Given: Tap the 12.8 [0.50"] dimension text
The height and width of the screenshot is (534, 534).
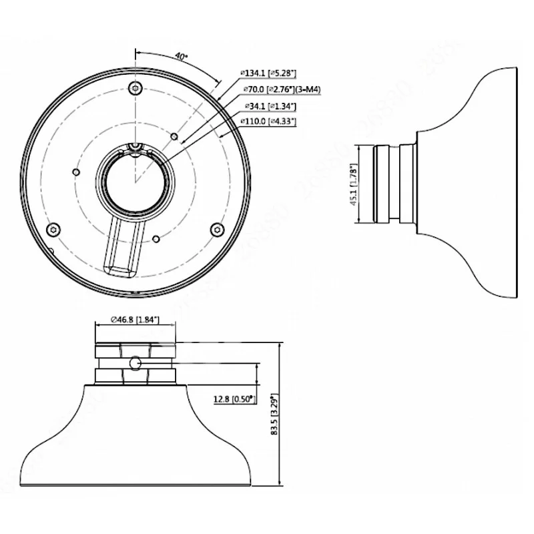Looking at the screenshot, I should coord(233,399).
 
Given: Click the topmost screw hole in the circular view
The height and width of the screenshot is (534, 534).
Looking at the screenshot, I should coord(136,87).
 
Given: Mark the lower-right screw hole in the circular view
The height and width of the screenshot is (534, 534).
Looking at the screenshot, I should coord(215,229).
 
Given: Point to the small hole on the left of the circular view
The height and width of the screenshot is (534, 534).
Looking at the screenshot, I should coord(76,172).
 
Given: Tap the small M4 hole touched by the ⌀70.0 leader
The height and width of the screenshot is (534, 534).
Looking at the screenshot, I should coord(174,137).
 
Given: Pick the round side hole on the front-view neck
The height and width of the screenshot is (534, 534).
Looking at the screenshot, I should coord(136,362).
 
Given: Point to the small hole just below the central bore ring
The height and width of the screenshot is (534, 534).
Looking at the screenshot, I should coord(155,237).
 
